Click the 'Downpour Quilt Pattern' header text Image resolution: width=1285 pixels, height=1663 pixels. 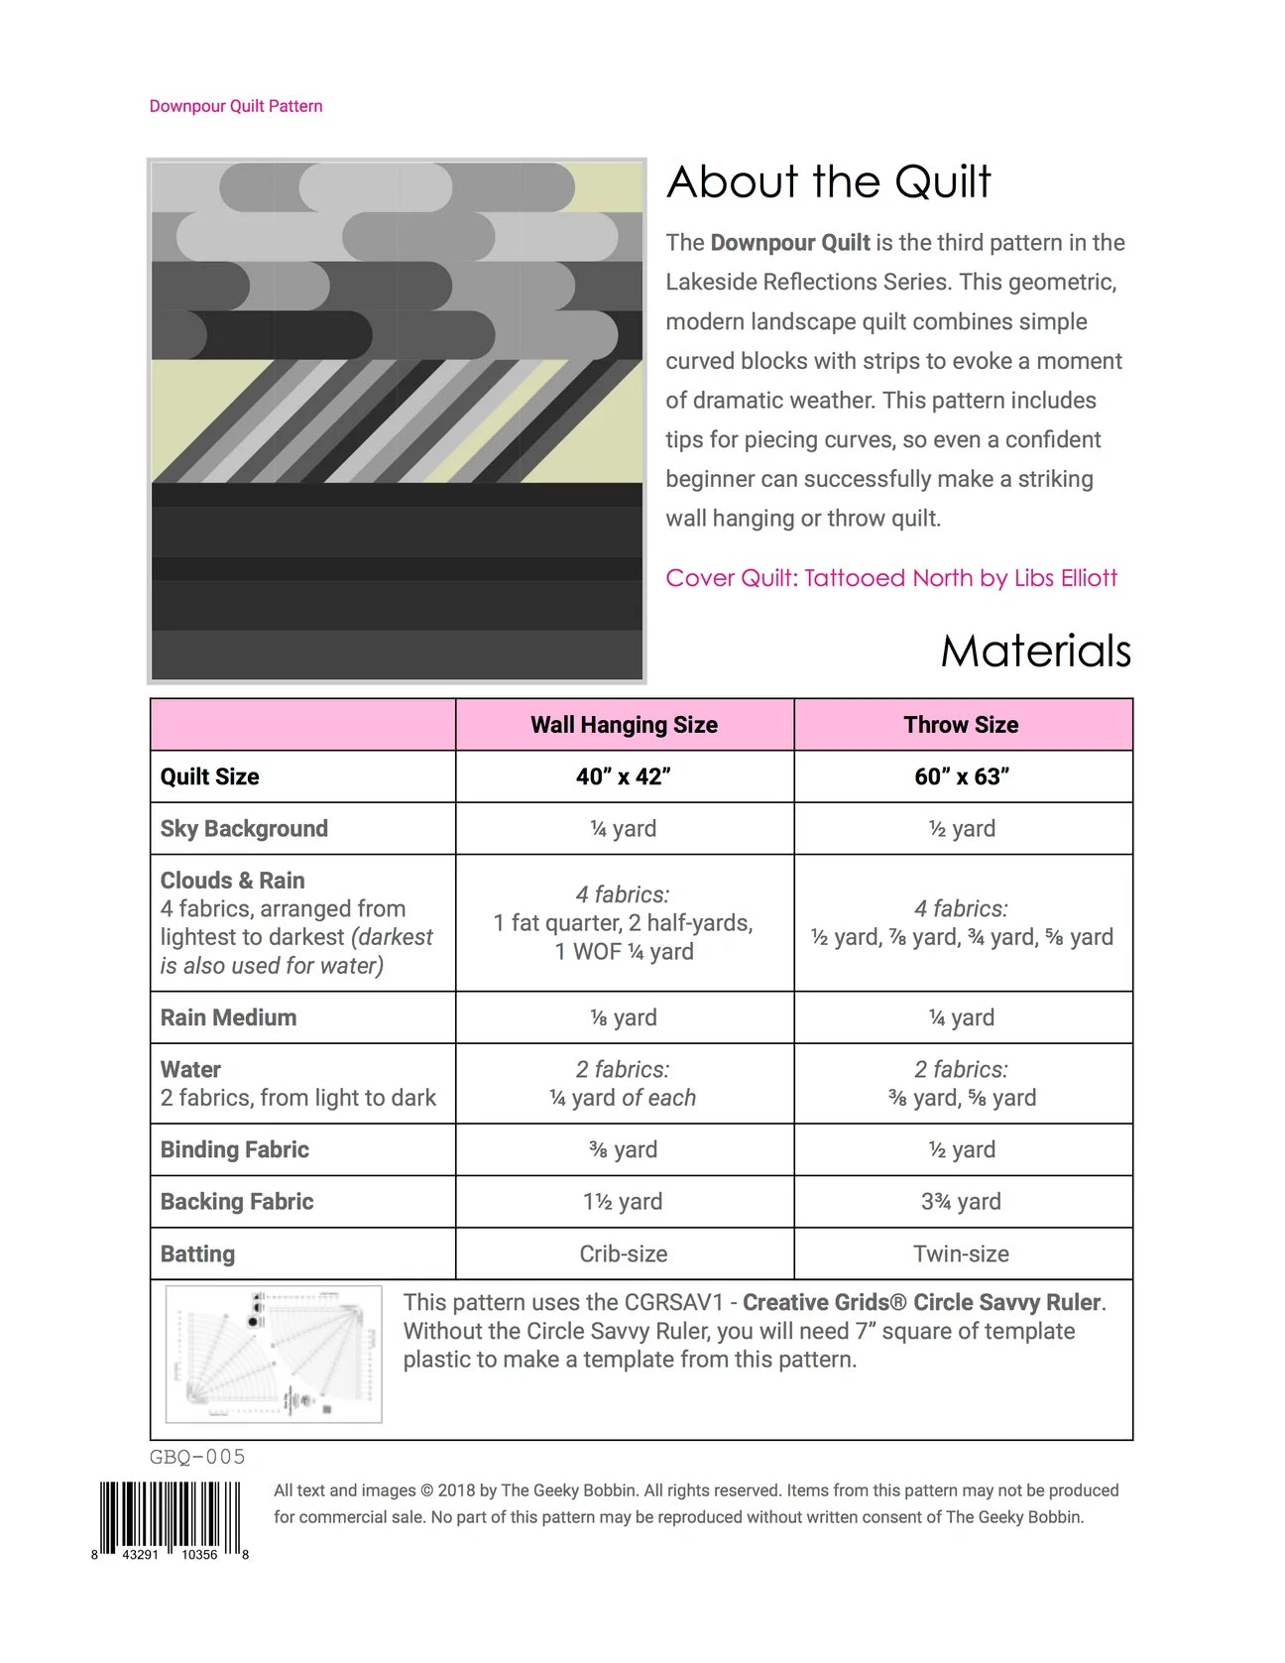pyautogui.click(x=236, y=106)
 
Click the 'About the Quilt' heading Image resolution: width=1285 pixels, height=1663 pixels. pyautogui.click(x=828, y=182)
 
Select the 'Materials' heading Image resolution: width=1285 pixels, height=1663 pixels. pyautogui.click(x=1035, y=652)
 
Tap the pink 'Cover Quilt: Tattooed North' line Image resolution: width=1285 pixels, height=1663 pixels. pyautogui.click(x=890, y=578)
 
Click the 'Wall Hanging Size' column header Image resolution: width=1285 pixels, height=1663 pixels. pyautogui.click(x=624, y=725)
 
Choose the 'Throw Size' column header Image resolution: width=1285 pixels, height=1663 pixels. pyautogui.click(x=961, y=725)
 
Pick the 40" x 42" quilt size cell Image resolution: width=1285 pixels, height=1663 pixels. pyautogui.click(x=624, y=776)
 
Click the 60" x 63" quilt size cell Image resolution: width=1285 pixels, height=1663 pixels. pyautogui.click(x=962, y=776)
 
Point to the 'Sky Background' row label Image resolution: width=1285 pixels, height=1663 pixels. pyautogui.click(x=244, y=829)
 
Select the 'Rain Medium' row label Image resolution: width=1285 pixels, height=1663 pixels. pyautogui.click(x=228, y=1017)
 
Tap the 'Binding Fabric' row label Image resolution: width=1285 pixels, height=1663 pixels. pyautogui.click(x=235, y=1149)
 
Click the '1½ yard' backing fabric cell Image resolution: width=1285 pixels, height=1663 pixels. pyautogui.click(x=623, y=1202)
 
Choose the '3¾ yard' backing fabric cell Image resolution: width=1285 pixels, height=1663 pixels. pyautogui.click(x=961, y=1202)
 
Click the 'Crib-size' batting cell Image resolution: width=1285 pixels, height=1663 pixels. pyautogui.click(x=623, y=1254)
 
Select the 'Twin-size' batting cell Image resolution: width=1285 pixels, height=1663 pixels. pyautogui.click(x=961, y=1254)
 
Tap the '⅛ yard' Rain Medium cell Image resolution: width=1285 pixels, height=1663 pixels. pyautogui.click(x=623, y=1017)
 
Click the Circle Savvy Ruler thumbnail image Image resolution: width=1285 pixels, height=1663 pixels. pyautogui.click(x=274, y=1355)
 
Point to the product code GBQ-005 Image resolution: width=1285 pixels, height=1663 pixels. pyautogui.click(x=197, y=1457)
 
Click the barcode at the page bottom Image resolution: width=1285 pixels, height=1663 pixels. pyautogui.click(x=170, y=1517)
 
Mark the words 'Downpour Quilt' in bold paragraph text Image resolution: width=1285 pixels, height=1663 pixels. pyautogui.click(x=790, y=243)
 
